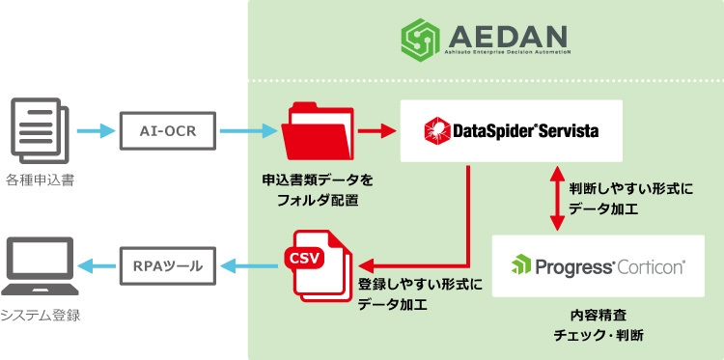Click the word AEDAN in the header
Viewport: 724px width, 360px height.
tap(508, 36)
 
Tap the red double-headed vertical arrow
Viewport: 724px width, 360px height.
tap(556, 198)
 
